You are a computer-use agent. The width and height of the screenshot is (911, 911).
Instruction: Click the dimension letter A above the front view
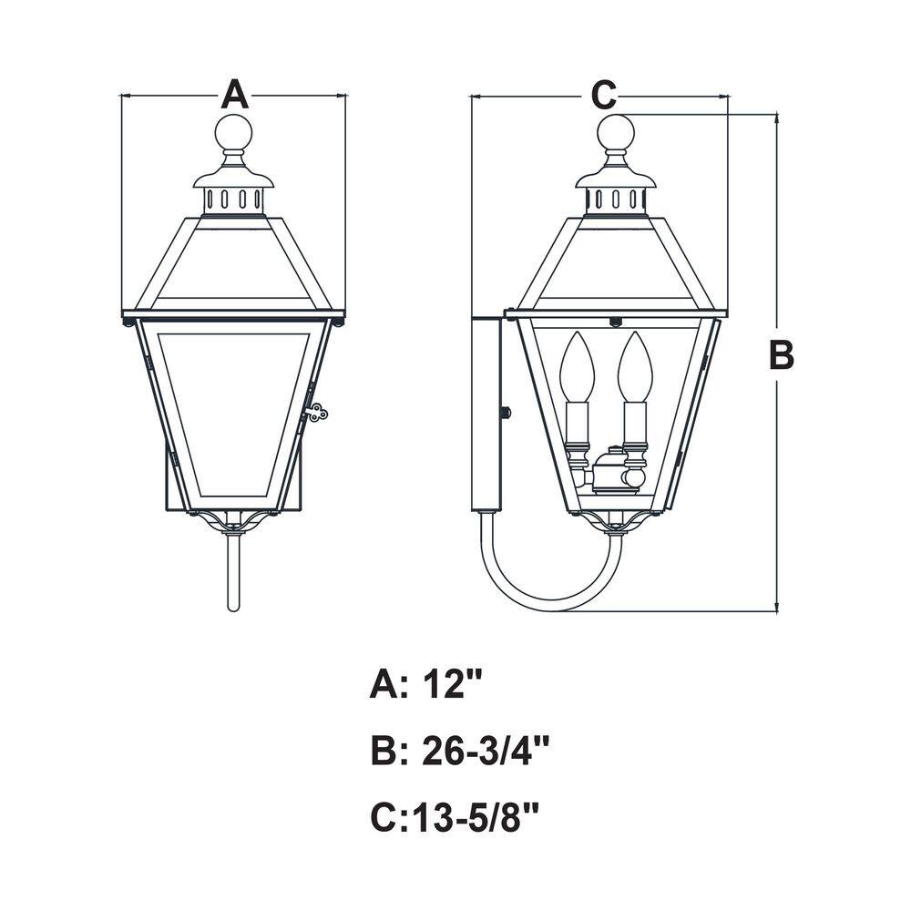pyautogui.click(x=235, y=95)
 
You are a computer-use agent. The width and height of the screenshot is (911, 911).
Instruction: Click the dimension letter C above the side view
pyautogui.click(x=604, y=95)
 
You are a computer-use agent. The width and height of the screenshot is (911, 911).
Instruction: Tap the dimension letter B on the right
pyautogui.click(x=782, y=355)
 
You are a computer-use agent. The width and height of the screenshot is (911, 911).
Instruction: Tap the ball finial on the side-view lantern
pyautogui.click(x=616, y=132)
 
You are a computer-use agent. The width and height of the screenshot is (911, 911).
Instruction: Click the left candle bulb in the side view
pyautogui.click(x=577, y=366)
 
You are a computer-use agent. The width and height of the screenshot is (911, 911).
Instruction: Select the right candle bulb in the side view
pyautogui.click(x=635, y=366)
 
